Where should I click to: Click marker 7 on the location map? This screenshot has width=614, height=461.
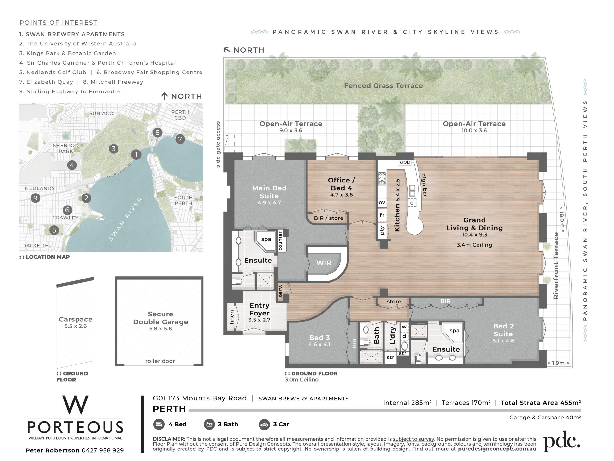point(180,139)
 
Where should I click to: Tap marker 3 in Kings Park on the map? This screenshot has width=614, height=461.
point(113,149)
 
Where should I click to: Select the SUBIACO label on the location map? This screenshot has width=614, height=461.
point(101,113)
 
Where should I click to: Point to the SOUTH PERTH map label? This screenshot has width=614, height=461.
point(183,200)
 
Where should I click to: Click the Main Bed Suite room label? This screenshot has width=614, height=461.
point(269,192)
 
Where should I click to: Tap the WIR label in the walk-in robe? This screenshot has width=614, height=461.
point(324,263)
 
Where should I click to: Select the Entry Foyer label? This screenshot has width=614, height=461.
point(259,309)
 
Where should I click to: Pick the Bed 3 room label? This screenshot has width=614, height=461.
point(319,338)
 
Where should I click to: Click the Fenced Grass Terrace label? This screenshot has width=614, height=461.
point(383,85)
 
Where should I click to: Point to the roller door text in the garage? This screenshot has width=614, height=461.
point(160,361)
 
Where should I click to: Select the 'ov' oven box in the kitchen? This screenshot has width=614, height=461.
point(382,203)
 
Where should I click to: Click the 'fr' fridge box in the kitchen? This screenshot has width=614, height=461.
point(382,215)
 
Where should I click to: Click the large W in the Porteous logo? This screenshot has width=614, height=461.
point(75,405)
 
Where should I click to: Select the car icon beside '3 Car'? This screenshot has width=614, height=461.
point(264,424)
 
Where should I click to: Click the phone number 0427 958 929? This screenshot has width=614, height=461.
point(103,450)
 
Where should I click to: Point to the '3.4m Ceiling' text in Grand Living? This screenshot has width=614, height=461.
point(474,245)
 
